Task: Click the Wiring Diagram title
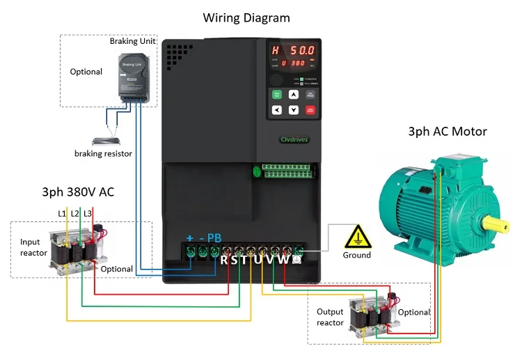coord(246,17)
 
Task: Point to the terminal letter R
coord(225,260)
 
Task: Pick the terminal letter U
coord(256,260)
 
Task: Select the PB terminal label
coord(214,238)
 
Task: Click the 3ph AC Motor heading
coord(447,132)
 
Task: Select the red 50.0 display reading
coord(302,52)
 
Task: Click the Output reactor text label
coord(330,318)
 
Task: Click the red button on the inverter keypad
coord(310,109)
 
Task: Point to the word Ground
coord(357,255)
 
